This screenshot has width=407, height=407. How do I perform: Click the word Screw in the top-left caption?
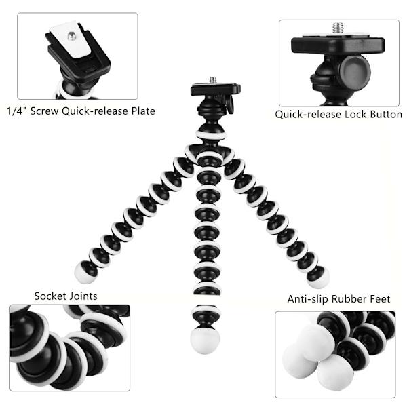tap(44, 111)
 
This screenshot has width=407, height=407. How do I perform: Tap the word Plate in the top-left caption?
tap(143, 111)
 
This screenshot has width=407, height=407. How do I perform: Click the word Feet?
tap(380, 299)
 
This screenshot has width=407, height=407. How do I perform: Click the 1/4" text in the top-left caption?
tap(16, 111)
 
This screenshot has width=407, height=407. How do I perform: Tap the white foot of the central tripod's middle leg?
tap(205, 341)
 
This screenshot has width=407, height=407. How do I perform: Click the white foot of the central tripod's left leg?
tap(83, 272)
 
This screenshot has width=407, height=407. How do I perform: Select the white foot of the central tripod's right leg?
tap(319, 278)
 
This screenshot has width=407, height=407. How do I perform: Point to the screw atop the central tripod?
tap(213, 80)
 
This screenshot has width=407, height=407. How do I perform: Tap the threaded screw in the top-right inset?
tap(338, 28)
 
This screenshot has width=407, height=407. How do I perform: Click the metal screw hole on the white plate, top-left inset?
tap(72, 35)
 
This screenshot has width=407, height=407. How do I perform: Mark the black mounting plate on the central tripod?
tap(216, 89)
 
